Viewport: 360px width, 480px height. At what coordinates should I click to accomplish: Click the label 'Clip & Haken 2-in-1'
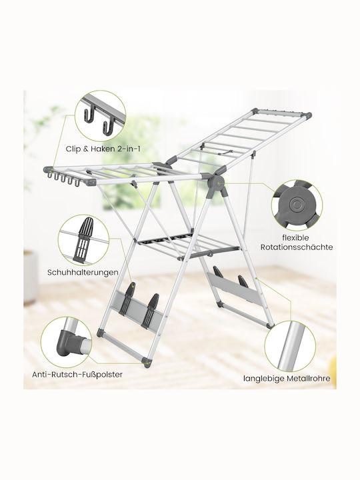coord(103,149)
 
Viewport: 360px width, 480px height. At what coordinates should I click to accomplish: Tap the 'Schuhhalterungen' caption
coord(83,272)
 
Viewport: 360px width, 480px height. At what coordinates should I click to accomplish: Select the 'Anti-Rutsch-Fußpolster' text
coord(77,375)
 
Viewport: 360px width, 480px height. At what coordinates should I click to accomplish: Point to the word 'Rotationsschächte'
coord(297,247)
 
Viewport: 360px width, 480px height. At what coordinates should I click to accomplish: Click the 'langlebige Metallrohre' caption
coord(287,379)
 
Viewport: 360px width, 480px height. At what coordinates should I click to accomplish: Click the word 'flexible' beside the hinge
coord(295,238)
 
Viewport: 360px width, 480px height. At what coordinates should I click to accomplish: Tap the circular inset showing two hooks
coord(101,116)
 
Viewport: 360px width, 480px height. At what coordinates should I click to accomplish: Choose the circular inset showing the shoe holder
coord(83,240)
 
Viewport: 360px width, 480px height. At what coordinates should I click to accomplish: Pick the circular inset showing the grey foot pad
coord(67,342)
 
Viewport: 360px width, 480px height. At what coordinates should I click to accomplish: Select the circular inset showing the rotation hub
coord(297,205)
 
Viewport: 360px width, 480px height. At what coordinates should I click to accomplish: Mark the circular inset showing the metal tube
coord(290,346)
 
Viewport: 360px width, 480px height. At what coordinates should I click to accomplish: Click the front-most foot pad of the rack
coord(147,363)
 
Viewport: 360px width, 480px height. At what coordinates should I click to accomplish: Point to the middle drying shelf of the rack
coord(188,244)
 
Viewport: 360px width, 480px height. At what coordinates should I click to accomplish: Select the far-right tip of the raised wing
coord(310,115)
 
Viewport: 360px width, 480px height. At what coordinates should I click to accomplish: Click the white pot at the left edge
coord(31,277)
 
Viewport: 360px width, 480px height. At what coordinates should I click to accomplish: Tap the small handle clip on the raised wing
coord(226,152)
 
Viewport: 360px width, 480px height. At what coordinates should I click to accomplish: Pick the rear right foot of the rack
coord(270,326)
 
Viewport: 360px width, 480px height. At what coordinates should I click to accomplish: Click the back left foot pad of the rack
coord(101,333)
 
